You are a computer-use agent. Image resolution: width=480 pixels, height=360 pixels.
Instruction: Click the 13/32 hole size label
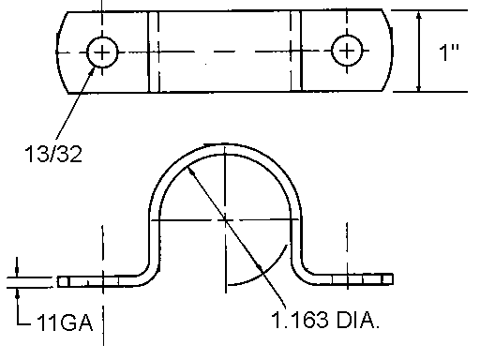pyautogui.click(x=53, y=154)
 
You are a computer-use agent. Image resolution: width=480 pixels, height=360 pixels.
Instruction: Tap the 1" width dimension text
pyautogui.click(x=449, y=52)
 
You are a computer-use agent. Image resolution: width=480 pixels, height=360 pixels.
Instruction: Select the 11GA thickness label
pyautogui.click(x=65, y=322)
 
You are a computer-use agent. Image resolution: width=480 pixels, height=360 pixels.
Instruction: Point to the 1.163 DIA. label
pyautogui.click(x=325, y=320)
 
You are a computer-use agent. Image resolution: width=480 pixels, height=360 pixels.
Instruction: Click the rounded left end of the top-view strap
pyautogui.click(x=57, y=52)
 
